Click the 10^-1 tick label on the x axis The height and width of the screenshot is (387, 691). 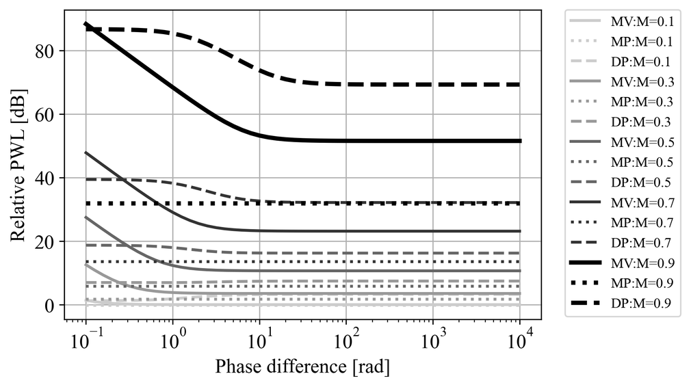pyautogui.click(x=86, y=339)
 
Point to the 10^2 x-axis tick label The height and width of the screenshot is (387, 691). pyautogui.click(x=346, y=339)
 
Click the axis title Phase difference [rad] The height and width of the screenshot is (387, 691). pyautogui.click(x=302, y=367)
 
